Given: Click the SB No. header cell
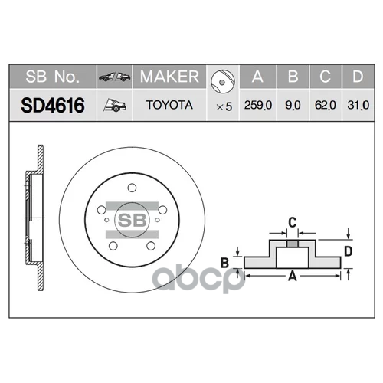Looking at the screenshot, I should click(50, 77).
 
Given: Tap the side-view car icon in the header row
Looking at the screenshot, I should click(114, 77).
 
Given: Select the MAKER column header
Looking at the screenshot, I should click(169, 77).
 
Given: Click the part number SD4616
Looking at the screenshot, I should click(50, 105).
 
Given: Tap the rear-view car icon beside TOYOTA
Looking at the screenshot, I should click(114, 105).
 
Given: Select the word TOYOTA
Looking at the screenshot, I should click(169, 106).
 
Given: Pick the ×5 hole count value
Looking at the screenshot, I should click(221, 106).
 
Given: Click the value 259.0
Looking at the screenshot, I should click(257, 106).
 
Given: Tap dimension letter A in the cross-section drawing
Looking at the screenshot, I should click(292, 279).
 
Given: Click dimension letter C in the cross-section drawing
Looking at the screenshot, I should click(292, 223).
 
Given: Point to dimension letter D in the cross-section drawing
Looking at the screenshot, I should click(349, 250).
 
